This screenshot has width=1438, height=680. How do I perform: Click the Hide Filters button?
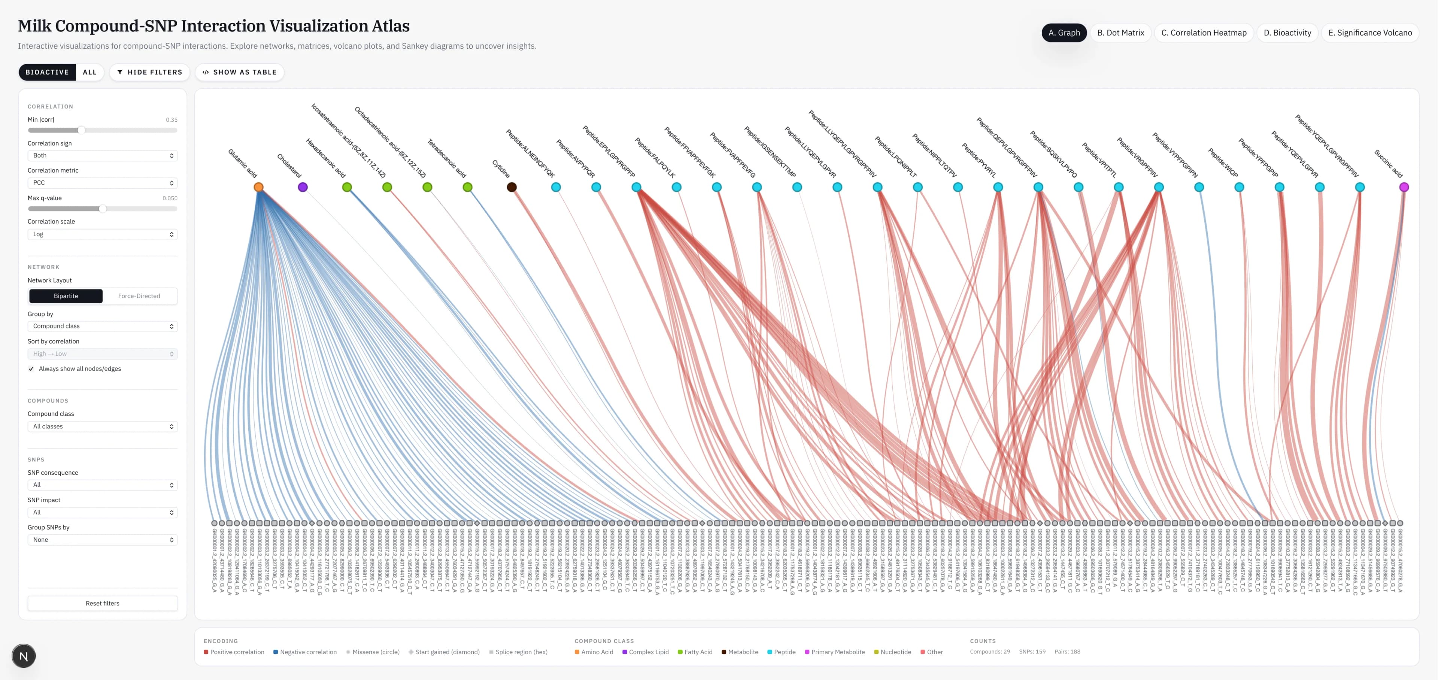tap(150, 72)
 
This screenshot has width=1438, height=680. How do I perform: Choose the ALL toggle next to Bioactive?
tap(90, 72)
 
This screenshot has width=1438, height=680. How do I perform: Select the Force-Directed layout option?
tap(139, 296)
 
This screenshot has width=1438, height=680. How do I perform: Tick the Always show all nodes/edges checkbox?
tap(31, 369)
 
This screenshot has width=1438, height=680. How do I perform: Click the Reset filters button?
tap(102, 603)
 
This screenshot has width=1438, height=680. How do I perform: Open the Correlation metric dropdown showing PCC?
tap(102, 183)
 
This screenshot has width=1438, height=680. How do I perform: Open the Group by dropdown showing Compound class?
tap(102, 326)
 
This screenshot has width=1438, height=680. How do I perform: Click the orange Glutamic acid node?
tap(258, 187)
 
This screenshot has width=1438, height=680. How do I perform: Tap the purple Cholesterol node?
tap(303, 187)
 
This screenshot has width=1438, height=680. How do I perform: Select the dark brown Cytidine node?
tap(511, 187)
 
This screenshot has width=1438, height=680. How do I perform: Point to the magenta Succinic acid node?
tap(1404, 187)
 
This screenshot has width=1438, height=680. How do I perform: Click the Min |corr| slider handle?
tap(82, 130)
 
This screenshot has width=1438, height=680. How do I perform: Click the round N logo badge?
tap(24, 656)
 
